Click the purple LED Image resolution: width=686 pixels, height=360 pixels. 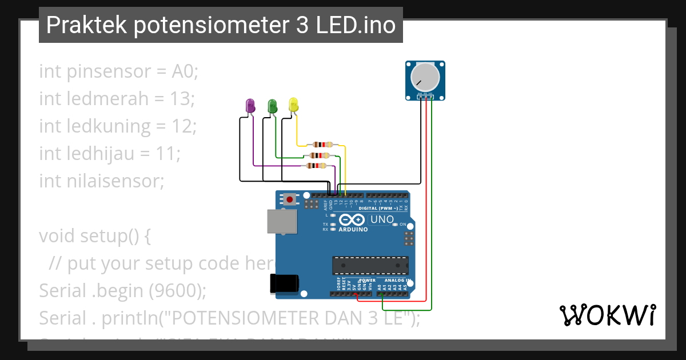250,106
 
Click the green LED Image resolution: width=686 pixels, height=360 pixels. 272,106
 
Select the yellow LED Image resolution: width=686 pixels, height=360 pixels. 293,105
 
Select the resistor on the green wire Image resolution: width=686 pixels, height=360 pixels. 319,155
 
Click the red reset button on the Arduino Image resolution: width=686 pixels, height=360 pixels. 290,199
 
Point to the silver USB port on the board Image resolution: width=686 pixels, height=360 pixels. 282,222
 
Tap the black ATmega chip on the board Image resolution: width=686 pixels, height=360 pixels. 370,266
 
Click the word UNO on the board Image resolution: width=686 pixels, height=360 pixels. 382,219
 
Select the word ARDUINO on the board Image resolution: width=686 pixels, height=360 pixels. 353,229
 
